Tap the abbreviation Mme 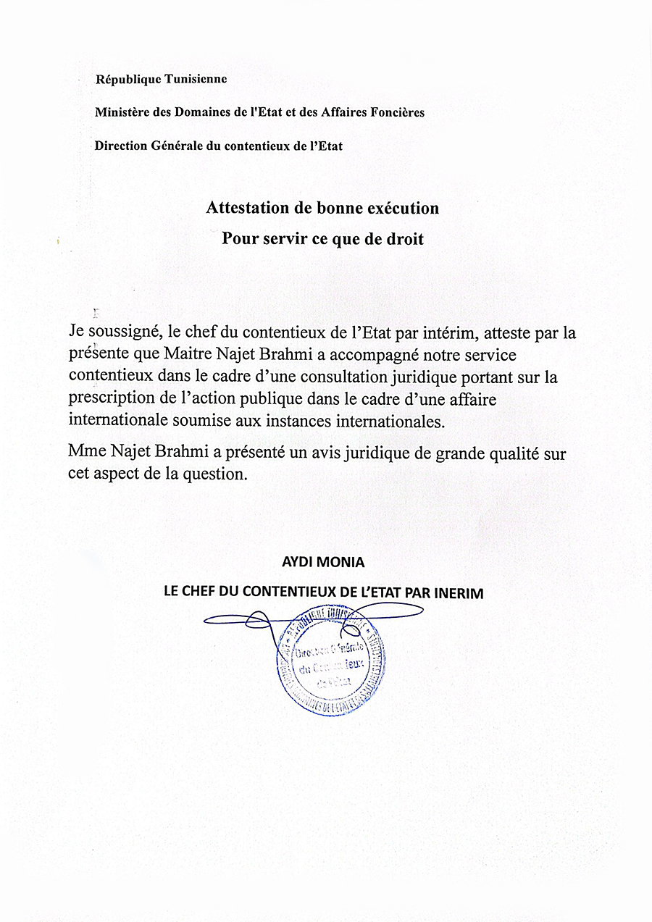click(87, 453)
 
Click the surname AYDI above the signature click(296, 562)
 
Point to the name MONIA click(343, 562)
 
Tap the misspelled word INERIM click(459, 592)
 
